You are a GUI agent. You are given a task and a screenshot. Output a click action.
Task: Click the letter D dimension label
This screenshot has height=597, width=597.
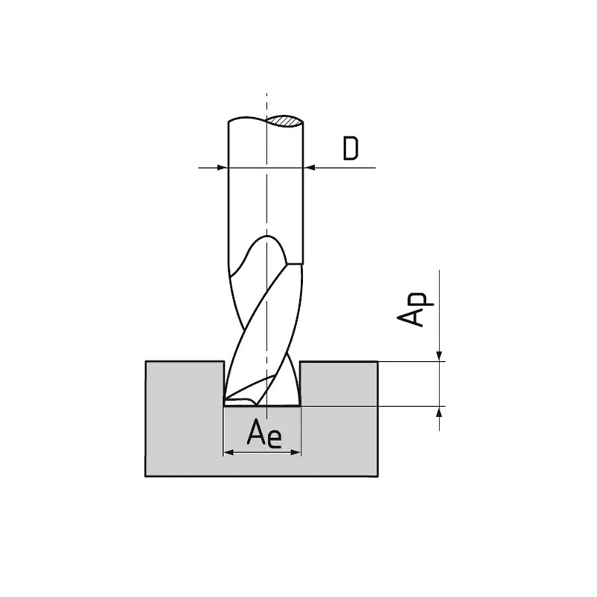coord(351,149)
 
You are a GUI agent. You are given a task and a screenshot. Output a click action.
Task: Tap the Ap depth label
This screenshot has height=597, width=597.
coord(415,309)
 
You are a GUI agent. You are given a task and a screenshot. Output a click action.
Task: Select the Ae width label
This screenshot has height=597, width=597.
coord(264,434)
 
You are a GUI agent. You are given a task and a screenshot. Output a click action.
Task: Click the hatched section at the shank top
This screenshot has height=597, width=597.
coord(285,120)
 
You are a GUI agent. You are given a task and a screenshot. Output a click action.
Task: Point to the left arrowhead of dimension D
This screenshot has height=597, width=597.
coord(222,167)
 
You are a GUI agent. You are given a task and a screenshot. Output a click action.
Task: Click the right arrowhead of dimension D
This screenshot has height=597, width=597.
coord(309,167)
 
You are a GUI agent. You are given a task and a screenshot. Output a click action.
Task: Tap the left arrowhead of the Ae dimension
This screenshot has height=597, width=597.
coord(228,452)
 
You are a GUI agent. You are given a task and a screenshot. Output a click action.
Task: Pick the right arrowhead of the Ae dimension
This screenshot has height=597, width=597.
coord(296,452)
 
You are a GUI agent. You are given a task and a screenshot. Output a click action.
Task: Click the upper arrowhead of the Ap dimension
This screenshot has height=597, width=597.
coord(440,356)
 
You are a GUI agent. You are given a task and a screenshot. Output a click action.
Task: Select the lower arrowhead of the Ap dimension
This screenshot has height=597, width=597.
coord(440,412)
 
